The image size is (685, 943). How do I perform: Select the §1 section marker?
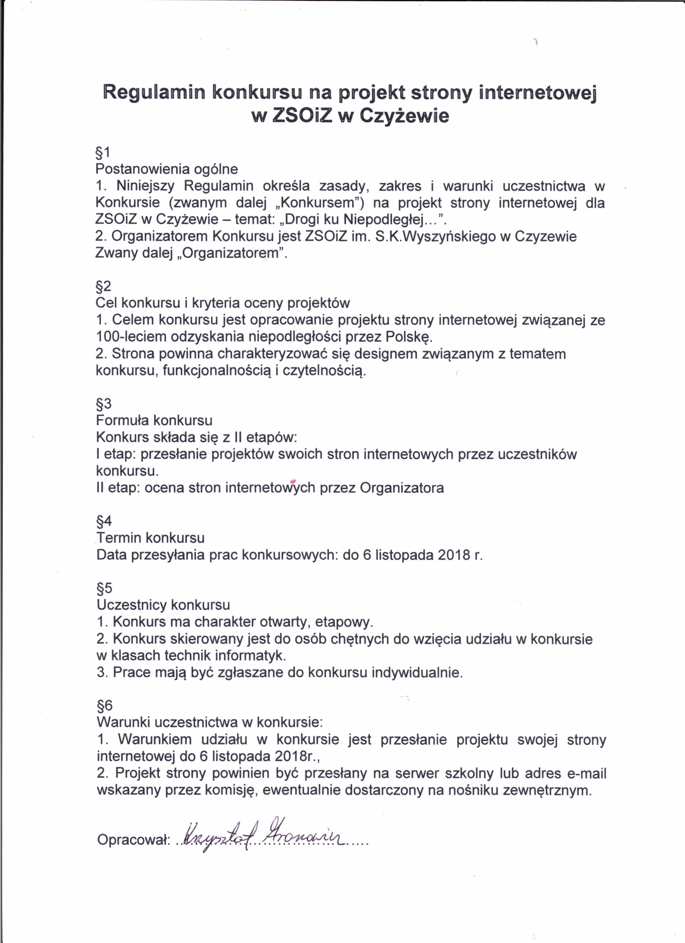pyautogui.click(x=103, y=152)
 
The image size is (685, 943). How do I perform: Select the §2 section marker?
pyautogui.click(x=103, y=286)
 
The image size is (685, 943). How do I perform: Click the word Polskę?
pyautogui.click(x=409, y=337)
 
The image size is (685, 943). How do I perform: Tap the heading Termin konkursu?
pyautogui.click(x=150, y=538)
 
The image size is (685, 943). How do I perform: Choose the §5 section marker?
pyautogui.click(x=104, y=588)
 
